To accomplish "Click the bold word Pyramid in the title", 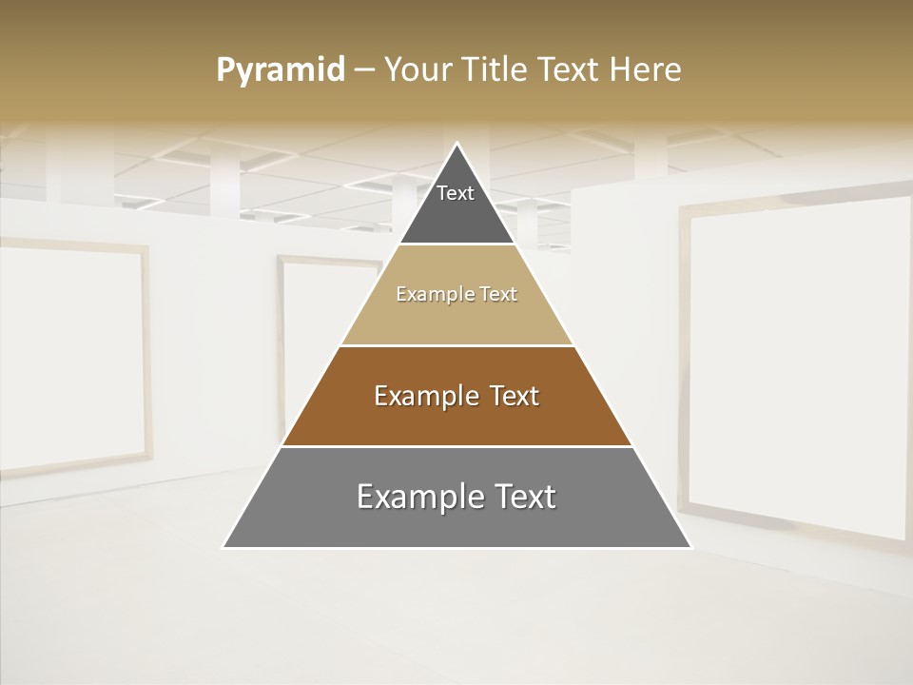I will (x=280, y=70).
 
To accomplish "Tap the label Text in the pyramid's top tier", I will (x=456, y=193).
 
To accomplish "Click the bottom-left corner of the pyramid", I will (x=224, y=547).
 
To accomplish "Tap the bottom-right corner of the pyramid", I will (x=690, y=547).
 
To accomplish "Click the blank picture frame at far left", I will (x=71, y=357).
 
